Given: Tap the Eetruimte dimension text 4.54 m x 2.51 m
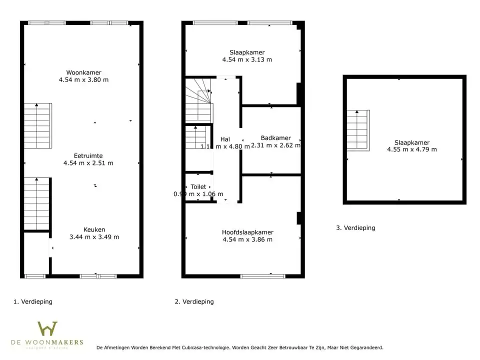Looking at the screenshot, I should pyautogui.click(x=88, y=163).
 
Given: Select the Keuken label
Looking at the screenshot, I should pyautogui.click(x=94, y=229).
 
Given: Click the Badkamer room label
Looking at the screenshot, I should pyautogui.click(x=275, y=138).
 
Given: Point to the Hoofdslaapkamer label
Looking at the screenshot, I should pyautogui.click(x=247, y=232).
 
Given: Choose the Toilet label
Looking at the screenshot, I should pyautogui.click(x=198, y=186).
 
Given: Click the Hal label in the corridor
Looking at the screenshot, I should pyautogui.click(x=225, y=139).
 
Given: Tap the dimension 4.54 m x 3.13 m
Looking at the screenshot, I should pyautogui.click(x=247, y=59).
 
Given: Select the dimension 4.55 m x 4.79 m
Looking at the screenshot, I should pyautogui.click(x=411, y=149).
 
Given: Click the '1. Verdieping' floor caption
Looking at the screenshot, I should pyautogui.click(x=33, y=301).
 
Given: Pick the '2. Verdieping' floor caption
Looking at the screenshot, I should pyautogui.click(x=194, y=301).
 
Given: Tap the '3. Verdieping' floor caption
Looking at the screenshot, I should pyautogui.click(x=355, y=227).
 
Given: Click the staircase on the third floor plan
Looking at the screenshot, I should pyautogui.click(x=358, y=130).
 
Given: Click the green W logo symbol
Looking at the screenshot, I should pyautogui.click(x=47, y=328).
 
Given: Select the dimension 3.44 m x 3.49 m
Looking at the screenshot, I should pyautogui.click(x=94, y=237).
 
